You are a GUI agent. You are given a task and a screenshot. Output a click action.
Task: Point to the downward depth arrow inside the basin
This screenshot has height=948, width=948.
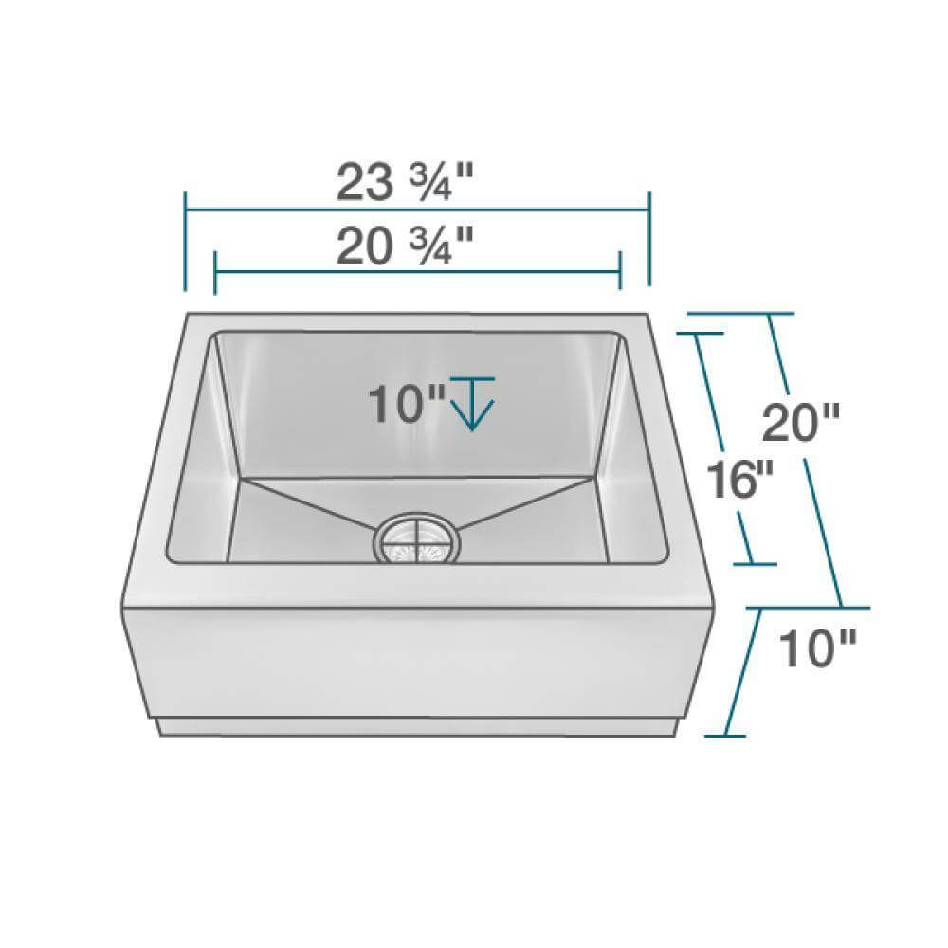(472, 403)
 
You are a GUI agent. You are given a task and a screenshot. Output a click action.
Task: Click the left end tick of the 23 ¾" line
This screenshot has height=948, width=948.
(186, 242)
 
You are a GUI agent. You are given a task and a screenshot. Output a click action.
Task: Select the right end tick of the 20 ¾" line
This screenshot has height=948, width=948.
(619, 272)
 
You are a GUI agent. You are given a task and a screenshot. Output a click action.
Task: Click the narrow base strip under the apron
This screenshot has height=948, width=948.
(417, 728)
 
